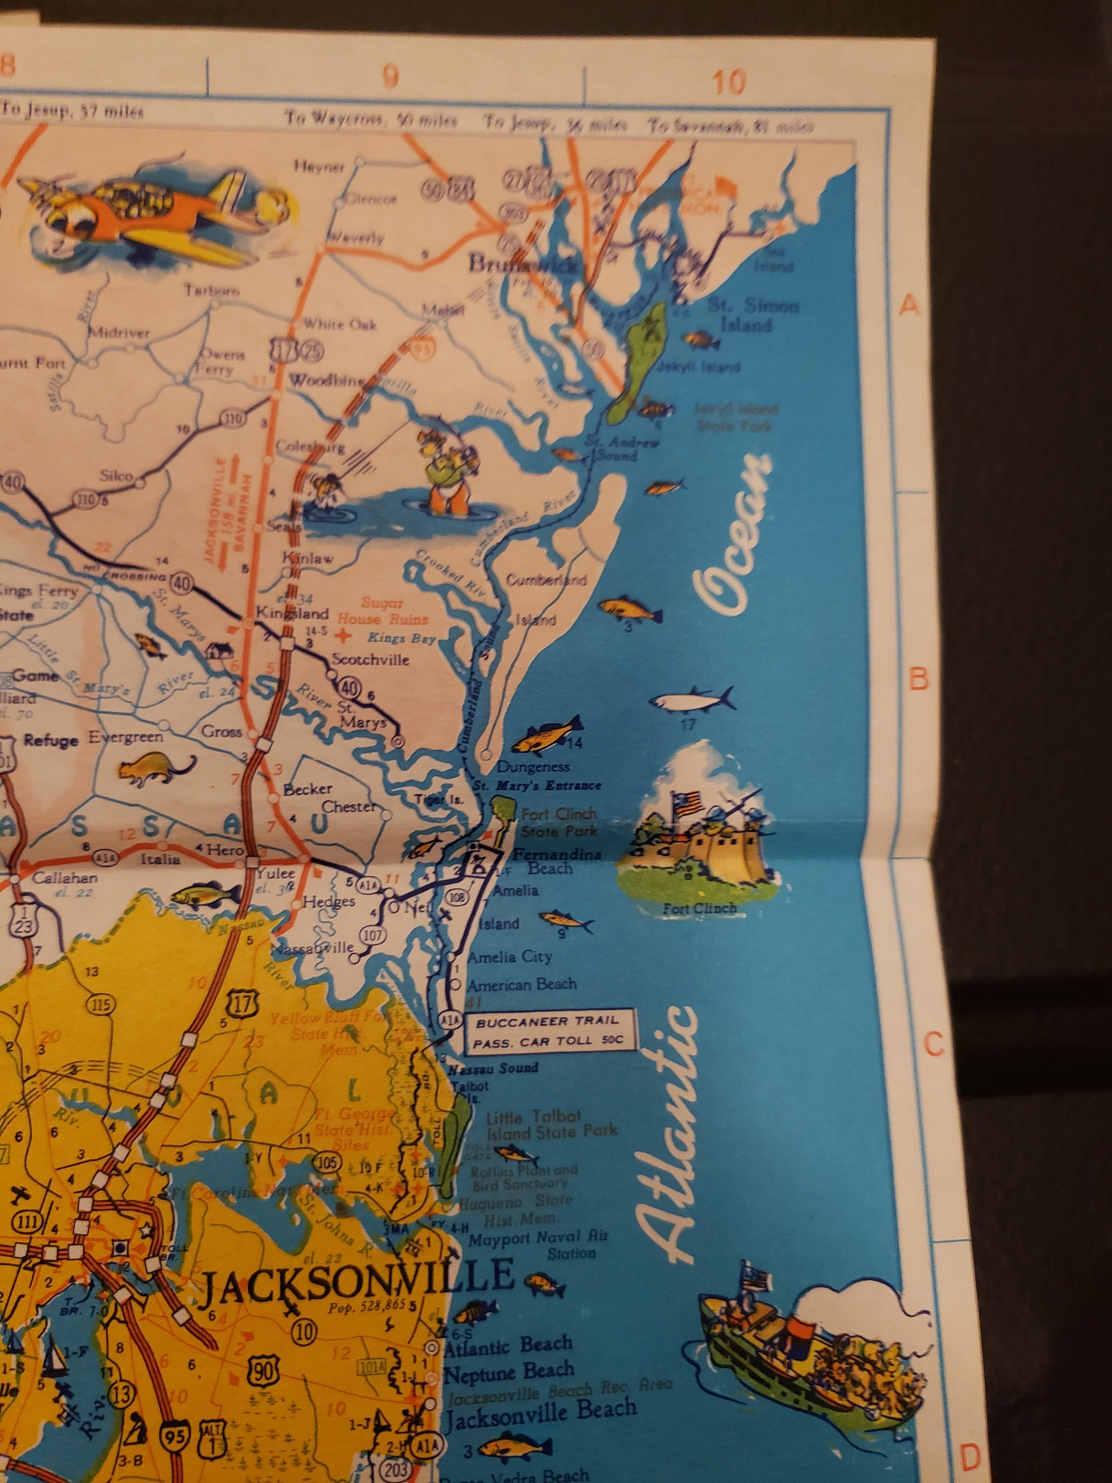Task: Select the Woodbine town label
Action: [326, 381]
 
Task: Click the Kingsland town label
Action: [294, 613]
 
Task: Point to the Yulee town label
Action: [275, 873]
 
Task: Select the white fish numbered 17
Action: [690, 700]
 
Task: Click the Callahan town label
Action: [65, 877]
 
